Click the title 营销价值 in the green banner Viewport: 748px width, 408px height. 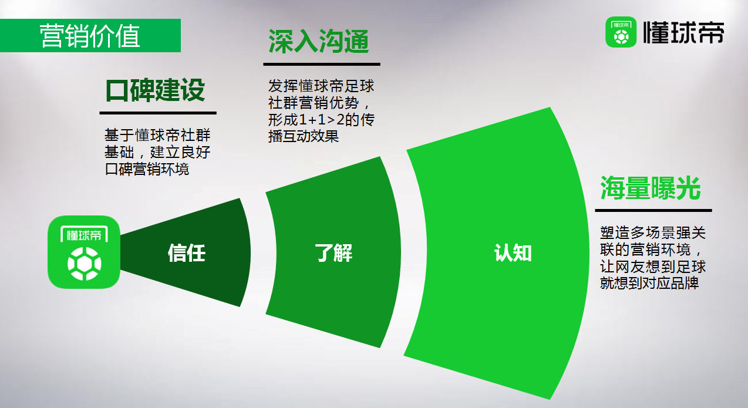[x=90, y=36]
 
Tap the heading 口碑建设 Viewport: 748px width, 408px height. [x=156, y=90]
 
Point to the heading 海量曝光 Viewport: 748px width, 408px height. [x=651, y=188]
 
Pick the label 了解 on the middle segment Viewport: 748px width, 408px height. [x=333, y=253]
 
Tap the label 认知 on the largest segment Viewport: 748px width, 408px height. [x=513, y=253]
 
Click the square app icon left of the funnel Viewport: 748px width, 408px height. [x=84, y=252]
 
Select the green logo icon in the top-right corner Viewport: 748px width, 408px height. [x=621, y=32]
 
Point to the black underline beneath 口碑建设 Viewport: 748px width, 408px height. [x=158, y=113]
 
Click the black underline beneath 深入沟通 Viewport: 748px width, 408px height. [x=322, y=64]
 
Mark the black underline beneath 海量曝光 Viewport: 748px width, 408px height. [x=653, y=210]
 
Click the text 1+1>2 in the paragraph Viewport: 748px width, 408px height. [x=323, y=120]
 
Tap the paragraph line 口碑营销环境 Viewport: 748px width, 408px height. [x=147, y=169]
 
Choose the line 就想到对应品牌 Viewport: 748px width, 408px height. [x=649, y=283]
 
